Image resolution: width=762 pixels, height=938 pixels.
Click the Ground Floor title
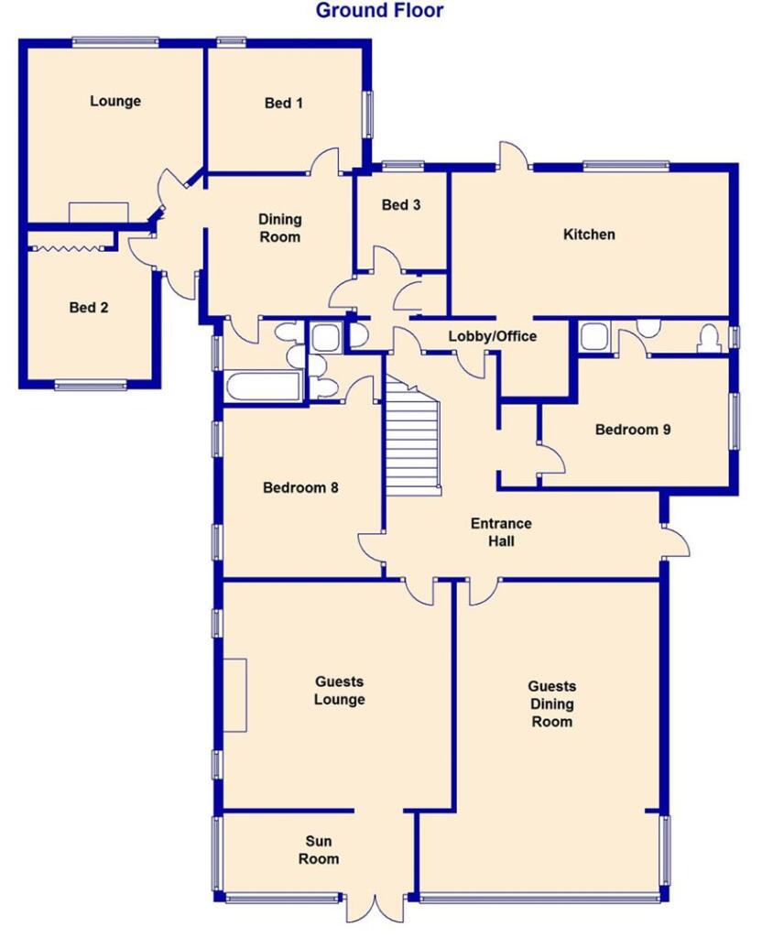tap(379, 11)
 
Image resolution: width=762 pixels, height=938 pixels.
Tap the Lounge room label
tap(115, 101)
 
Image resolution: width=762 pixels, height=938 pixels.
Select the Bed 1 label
tap(284, 104)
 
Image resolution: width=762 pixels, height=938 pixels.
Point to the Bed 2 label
tap(89, 308)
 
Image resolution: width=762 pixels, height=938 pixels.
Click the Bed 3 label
tap(401, 205)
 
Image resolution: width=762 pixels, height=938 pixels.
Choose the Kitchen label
tap(589, 234)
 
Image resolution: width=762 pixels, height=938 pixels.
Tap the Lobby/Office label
tap(492, 336)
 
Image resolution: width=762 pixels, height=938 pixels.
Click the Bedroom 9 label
tap(633, 429)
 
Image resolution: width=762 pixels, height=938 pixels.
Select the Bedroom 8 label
tap(300, 487)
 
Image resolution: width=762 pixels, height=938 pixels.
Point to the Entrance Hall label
tap(501, 532)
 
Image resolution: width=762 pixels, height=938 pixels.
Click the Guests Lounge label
tap(340, 691)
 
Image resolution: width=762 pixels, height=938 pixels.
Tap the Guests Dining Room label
tap(552, 703)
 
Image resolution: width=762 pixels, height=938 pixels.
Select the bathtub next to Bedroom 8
tap(261, 387)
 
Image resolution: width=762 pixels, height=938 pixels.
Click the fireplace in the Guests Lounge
tap(236, 694)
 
